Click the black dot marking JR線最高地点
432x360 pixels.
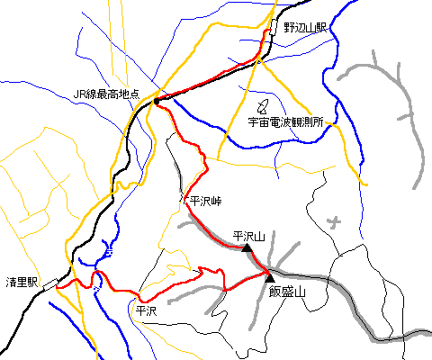[157, 102]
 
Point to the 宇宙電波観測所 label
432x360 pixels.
[285, 121]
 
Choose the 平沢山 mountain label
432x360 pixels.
[249, 236]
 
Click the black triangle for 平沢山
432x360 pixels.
[247, 247]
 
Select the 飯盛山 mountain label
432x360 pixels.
[287, 292]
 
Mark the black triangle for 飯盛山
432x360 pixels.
[269, 277]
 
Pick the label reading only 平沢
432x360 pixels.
[145, 310]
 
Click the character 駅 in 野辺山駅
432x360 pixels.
[321, 28]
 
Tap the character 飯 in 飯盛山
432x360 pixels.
[274, 292]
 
